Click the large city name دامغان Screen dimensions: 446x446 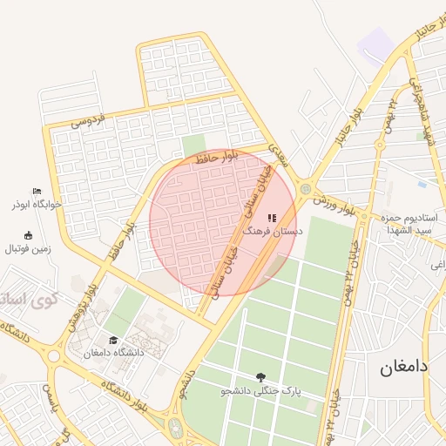[x=404, y=368]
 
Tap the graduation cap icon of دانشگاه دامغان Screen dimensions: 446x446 [x=113, y=341]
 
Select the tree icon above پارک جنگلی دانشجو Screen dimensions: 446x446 [x=260, y=377]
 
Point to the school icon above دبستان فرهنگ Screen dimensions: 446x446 [x=272, y=219]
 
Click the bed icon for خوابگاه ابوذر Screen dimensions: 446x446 [x=36, y=192]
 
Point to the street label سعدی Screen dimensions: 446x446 [x=276, y=154]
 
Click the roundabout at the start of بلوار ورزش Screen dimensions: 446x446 [x=305, y=188]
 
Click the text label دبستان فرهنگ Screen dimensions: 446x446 [x=273, y=233]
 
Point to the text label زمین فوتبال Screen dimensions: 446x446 [x=29, y=249]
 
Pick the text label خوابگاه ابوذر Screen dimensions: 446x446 [x=36, y=205]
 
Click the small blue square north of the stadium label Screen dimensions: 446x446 [x=422, y=184]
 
